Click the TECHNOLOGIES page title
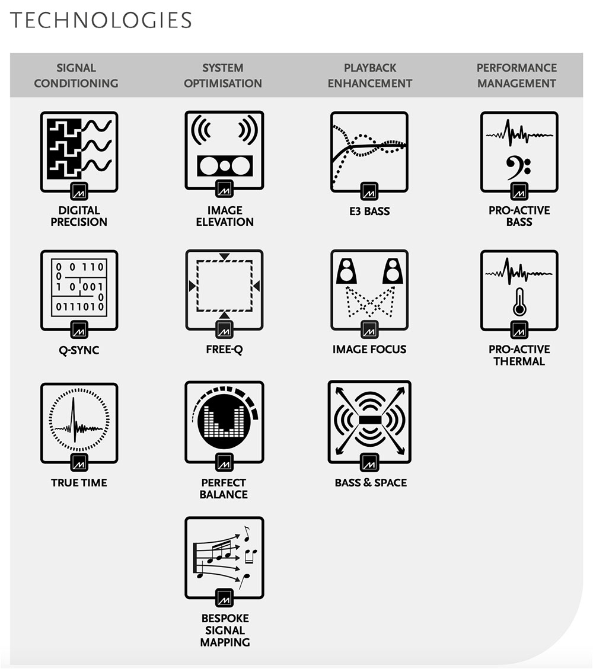point(101,20)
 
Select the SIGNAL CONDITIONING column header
point(76,76)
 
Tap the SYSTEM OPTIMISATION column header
point(223,76)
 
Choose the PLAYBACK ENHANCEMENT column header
point(370,76)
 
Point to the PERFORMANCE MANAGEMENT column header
point(517,76)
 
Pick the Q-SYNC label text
point(79,350)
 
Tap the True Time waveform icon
point(79,422)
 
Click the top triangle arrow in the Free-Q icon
point(224,257)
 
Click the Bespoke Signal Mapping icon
point(224,557)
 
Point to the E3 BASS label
point(369,210)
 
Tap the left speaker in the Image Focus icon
point(345,271)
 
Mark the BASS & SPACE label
point(371,482)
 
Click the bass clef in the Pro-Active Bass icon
point(518,169)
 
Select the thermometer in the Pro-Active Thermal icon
point(519,302)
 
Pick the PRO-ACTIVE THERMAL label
point(519,355)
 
